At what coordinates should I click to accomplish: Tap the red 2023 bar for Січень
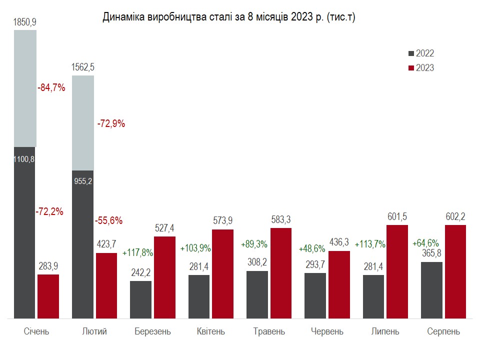click(x=48, y=296)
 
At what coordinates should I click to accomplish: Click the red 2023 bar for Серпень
click(x=455, y=271)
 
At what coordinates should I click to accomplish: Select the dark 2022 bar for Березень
click(x=140, y=299)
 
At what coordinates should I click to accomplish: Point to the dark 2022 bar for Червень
click(x=315, y=295)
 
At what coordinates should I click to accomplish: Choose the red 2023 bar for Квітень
click(x=222, y=273)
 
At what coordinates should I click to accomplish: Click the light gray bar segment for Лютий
click(x=83, y=122)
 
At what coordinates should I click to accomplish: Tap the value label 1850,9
click(x=25, y=22)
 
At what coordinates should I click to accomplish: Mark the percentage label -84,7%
click(x=51, y=87)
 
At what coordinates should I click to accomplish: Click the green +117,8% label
click(x=137, y=253)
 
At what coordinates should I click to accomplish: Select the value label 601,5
click(x=397, y=216)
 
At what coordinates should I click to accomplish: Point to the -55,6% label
click(x=108, y=220)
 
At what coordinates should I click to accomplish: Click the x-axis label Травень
click(x=269, y=331)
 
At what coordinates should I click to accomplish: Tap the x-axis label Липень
click(x=385, y=331)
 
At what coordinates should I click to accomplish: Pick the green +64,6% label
click(x=425, y=243)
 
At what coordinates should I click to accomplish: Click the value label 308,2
click(x=257, y=262)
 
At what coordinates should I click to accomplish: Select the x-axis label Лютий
click(x=94, y=331)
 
